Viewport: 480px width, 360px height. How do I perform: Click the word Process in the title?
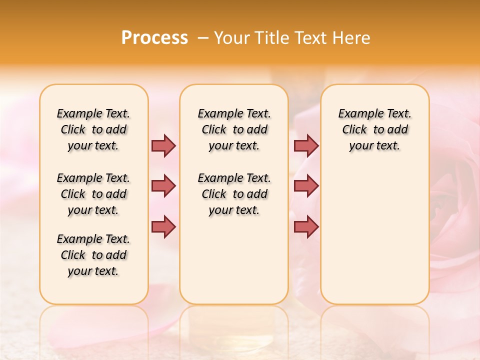point(154,38)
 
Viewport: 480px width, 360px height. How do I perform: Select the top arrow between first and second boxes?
point(163,145)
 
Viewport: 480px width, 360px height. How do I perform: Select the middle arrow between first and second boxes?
point(163,186)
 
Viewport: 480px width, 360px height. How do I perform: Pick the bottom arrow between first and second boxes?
point(163,226)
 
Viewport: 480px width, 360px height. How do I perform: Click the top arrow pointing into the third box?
point(306,145)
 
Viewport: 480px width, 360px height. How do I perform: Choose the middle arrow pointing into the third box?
point(306,186)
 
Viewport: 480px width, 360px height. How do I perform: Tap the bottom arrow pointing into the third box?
point(306,226)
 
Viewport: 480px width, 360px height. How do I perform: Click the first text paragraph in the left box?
point(93,129)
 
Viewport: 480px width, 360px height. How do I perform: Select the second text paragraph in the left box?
point(93,194)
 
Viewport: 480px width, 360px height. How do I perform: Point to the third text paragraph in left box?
point(93,255)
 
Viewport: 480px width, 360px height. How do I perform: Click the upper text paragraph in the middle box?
point(234,129)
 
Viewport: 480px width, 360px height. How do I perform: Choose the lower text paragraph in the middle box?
point(234,194)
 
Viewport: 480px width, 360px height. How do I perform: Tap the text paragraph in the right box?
point(374,129)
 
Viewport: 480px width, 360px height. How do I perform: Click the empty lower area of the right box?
point(374,235)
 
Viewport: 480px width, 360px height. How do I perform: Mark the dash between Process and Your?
point(203,38)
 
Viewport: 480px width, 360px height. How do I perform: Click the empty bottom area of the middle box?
point(234,265)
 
